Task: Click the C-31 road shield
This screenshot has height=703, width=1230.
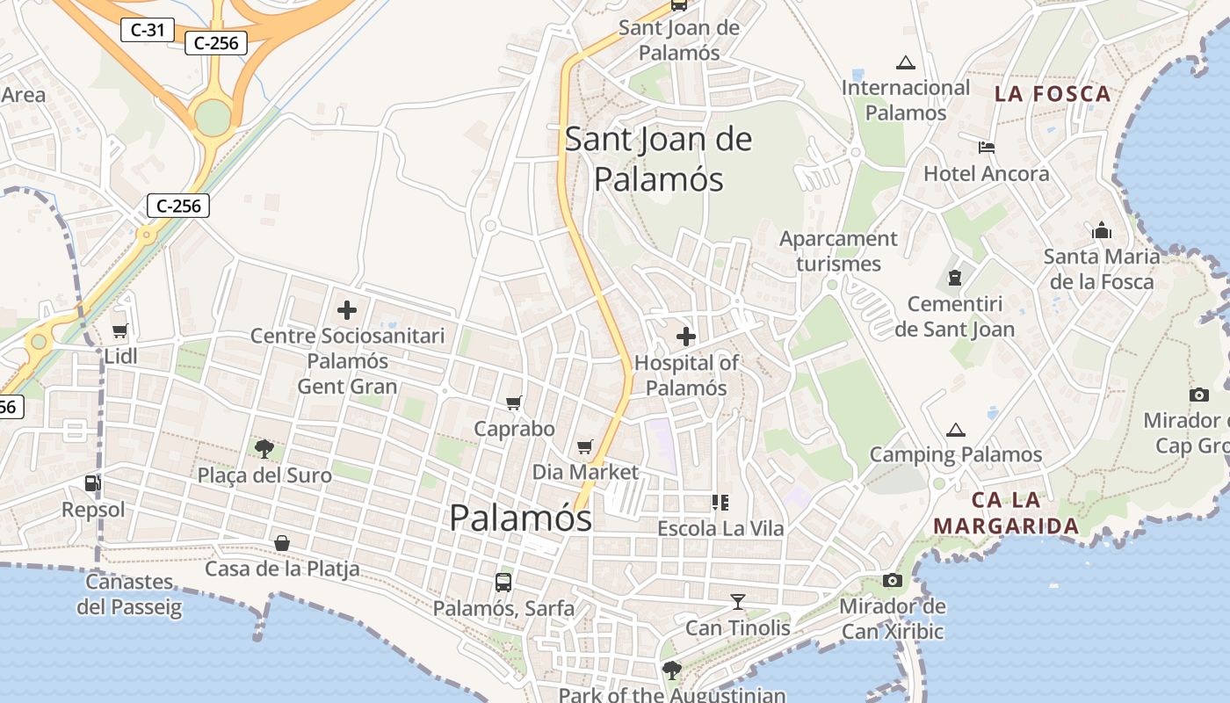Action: pos(147,29)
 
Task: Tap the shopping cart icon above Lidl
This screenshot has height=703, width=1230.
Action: pos(120,331)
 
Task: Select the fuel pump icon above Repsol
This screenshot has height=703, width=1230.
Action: pos(92,482)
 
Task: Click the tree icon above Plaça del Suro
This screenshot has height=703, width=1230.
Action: pos(263,450)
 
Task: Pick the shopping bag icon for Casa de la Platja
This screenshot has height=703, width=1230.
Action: pos(282,543)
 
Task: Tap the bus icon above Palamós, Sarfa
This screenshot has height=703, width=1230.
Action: pos(503,582)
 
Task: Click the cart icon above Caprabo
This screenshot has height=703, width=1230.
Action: pos(514,402)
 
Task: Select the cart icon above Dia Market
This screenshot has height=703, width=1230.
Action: pos(585,446)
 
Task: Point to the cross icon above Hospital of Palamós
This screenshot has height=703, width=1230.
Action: pos(686,336)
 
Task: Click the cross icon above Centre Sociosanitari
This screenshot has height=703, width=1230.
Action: pos(347,309)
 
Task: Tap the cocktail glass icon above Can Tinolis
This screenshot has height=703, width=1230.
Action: pos(738,602)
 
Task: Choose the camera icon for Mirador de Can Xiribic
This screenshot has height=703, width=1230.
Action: pos(893,581)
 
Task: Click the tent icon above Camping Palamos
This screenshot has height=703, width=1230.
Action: pos(956,430)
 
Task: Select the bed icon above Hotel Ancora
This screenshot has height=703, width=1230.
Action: pos(987,148)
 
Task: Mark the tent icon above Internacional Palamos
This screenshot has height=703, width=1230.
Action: pos(905,62)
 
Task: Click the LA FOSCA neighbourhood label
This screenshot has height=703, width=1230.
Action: pos(1053,94)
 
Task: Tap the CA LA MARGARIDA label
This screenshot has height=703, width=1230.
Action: pos(1006,513)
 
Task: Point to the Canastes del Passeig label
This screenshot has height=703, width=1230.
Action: pos(129,594)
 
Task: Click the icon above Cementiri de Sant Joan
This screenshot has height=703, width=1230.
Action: pos(954,279)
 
